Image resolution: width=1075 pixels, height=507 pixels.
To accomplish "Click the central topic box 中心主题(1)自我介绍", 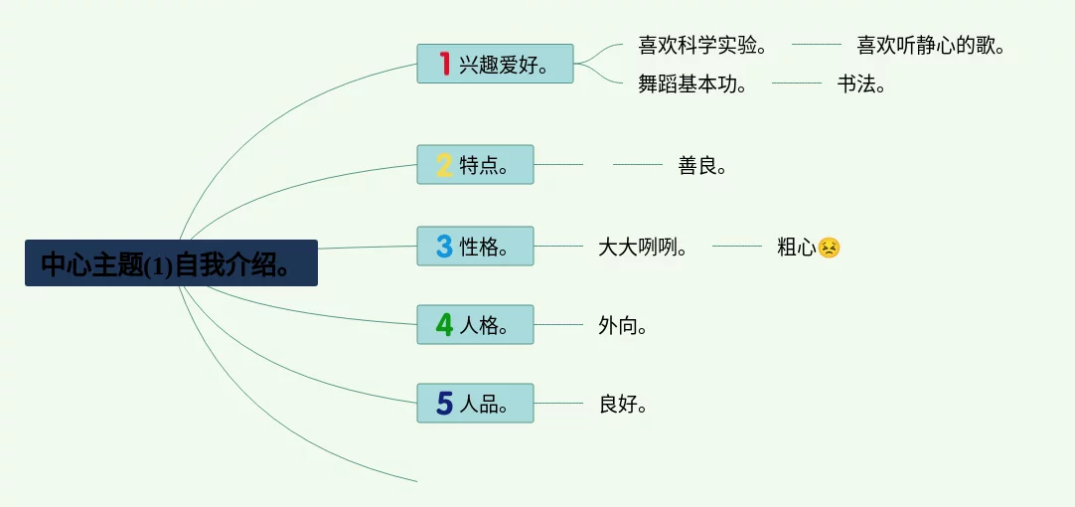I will click(171, 263).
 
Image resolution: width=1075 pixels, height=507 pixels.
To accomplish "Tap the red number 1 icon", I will click(444, 64).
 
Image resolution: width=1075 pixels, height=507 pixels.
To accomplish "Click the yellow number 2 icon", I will click(444, 165).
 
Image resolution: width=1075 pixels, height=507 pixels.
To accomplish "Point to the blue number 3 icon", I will click(444, 246).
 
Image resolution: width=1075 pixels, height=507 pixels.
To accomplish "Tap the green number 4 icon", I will click(444, 324).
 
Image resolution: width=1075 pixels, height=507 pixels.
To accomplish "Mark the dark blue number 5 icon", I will click(444, 403).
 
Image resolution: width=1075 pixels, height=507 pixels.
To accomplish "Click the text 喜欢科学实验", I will click(701, 45).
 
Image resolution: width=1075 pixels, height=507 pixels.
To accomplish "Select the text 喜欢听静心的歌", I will click(931, 45).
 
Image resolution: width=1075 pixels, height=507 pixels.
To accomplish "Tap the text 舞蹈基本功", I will click(691, 84).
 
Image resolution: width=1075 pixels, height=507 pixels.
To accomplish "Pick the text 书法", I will click(860, 84).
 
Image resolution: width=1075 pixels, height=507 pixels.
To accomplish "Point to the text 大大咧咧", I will click(643, 247).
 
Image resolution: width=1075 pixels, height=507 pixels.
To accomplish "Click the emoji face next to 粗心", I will click(830, 248).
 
